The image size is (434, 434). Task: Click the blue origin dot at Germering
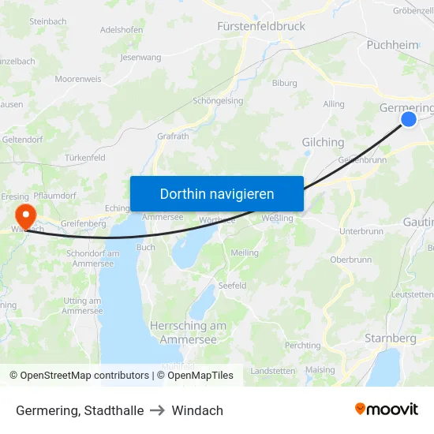point(409,119)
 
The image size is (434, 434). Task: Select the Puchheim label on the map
point(392,45)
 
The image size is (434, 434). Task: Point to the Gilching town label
point(323,142)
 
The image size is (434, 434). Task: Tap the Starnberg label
point(390,339)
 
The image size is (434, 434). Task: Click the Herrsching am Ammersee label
point(188,332)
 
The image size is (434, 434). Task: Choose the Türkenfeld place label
point(85,158)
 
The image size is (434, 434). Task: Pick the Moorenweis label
point(78,80)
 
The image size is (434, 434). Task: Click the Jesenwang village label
point(140,58)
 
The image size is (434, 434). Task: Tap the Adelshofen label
point(122,30)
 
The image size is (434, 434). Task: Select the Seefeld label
point(232,286)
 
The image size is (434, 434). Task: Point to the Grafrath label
point(173,136)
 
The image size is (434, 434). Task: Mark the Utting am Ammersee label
point(82,305)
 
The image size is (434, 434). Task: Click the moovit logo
point(387,410)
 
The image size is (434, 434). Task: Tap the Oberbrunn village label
point(350,260)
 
